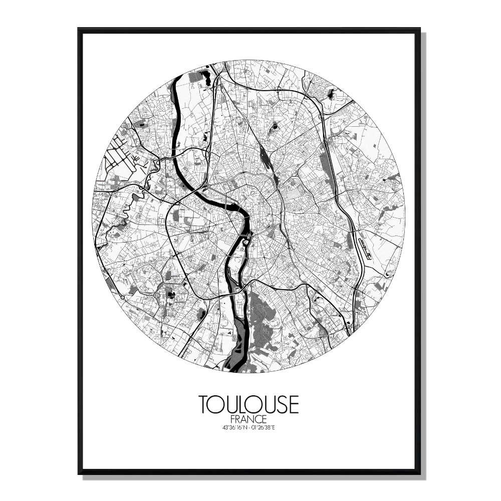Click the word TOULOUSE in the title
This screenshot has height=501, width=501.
[248, 404]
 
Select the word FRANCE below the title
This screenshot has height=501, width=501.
[248, 418]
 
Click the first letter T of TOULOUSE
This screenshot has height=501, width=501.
[204, 404]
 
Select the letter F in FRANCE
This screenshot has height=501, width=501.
[233, 418]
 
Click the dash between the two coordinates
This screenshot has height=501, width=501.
[249, 427]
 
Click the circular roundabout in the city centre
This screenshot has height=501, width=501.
[273, 228]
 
